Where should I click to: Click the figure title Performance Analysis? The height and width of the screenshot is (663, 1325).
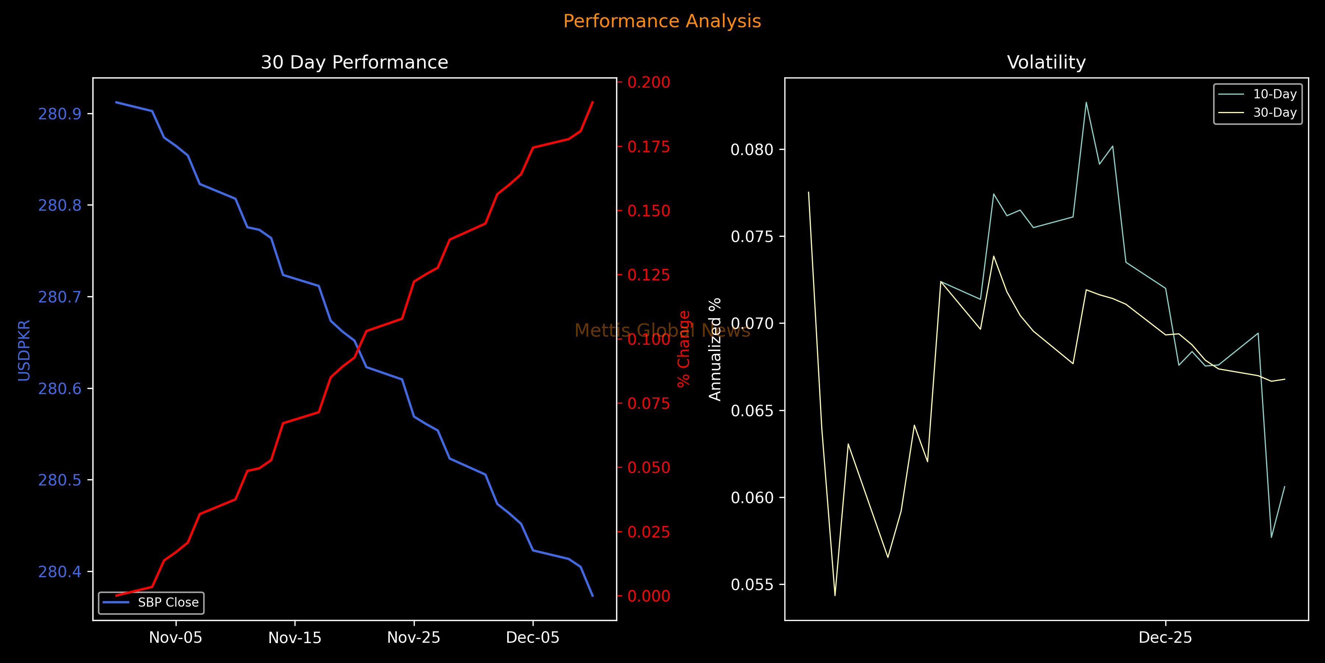(x=662, y=21)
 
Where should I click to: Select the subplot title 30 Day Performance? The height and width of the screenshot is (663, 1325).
(x=354, y=62)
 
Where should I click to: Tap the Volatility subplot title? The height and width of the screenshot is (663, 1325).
(x=1046, y=62)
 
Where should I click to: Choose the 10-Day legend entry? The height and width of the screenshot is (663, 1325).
(x=1275, y=94)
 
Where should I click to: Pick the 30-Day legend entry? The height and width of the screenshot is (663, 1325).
(x=1275, y=113)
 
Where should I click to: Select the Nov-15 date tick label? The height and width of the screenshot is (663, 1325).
(x=295, y=638)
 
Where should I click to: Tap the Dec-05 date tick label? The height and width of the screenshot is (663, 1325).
(x=533, y=638)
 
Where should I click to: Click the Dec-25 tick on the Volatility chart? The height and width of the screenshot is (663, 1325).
(x=1165, y=638)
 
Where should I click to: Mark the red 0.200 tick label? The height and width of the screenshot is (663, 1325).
(x=649, y=83)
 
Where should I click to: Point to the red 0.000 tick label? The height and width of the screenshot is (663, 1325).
(x=649, y=596)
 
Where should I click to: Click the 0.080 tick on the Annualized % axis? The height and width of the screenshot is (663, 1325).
(x=752, y=150)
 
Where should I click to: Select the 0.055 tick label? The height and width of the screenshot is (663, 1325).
(x=752, y=585)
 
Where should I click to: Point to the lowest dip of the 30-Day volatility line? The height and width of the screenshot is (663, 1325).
(x=835, y=595)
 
